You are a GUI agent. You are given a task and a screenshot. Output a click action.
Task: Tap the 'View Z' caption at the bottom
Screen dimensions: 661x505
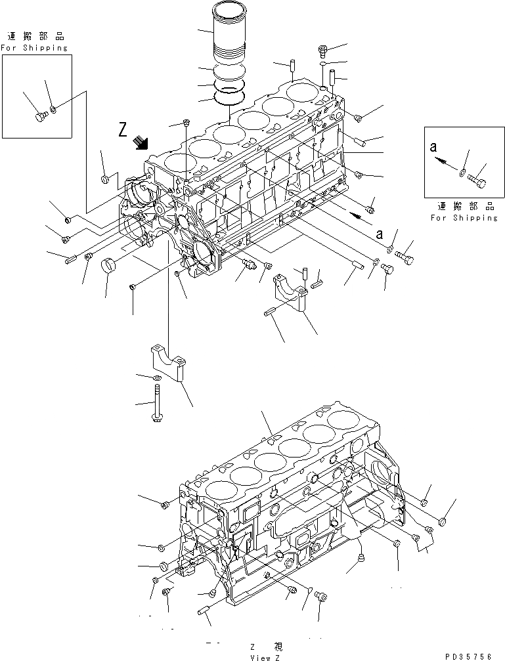pos(265,656)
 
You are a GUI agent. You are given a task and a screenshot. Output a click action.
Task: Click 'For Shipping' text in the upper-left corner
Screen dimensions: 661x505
pos(34,48)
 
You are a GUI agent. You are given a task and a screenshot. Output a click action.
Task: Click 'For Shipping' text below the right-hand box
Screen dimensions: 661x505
pos(464,217)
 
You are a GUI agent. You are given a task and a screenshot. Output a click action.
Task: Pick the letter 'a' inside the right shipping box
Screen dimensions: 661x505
pos(433,148)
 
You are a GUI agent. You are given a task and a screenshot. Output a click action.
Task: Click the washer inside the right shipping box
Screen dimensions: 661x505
pos(462,173)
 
